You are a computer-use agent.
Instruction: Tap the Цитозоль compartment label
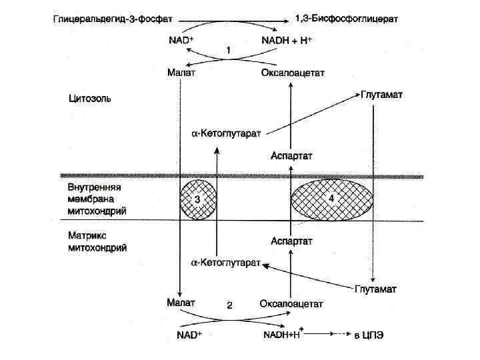(90, 99)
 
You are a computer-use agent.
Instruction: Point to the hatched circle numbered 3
(197, 199)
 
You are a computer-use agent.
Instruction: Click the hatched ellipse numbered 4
(331, 199)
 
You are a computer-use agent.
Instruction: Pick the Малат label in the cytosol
(181, 73)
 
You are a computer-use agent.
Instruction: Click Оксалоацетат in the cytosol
(293, 73)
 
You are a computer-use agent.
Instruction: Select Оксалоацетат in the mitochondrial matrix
(293, 303)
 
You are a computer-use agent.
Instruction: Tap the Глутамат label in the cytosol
(383, 96)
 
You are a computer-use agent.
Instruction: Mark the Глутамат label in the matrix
(375, 289)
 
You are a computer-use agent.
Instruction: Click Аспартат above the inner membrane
(291, 155)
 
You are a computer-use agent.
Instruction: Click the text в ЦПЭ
(368, 335)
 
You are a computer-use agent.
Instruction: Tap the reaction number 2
(229, 306)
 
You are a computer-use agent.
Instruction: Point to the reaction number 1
(229, 50)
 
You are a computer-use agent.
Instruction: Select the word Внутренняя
(94, 186)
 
